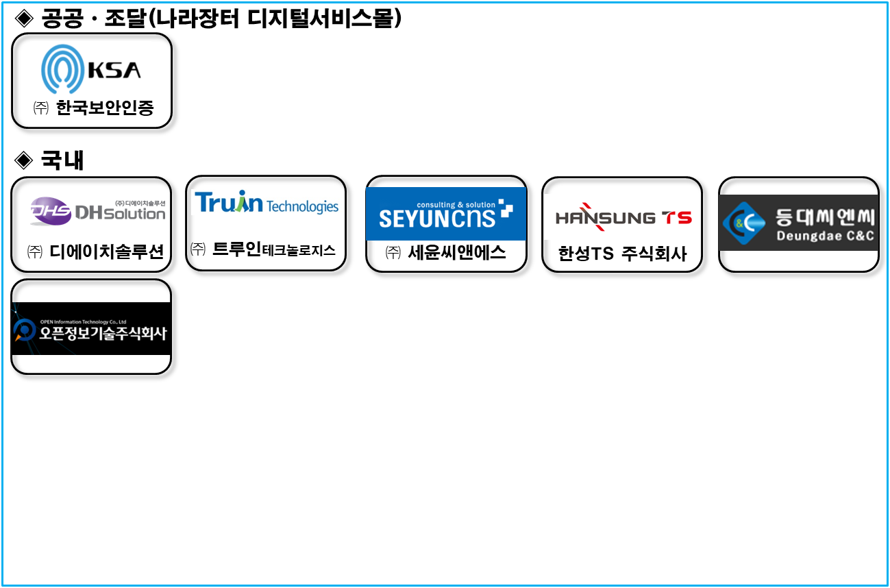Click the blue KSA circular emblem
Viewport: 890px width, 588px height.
(x=62, y=70)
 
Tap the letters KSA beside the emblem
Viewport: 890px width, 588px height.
(x=115, y=70)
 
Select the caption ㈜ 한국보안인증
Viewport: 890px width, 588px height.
(x=93, y=108)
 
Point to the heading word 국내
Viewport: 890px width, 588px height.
(x=62, y=160)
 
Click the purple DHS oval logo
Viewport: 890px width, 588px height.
(x=51, y=212)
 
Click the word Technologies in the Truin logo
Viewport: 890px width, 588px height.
(x=302, y=206)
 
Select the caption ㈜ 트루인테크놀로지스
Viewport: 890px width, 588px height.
(x=264, y=249)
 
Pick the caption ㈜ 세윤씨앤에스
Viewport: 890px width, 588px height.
(x=446, y=252)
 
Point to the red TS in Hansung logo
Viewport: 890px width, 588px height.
(x=677, y=218)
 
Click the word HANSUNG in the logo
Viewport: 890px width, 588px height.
(x=605, y=217)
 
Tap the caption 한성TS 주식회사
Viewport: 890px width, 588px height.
(x=622, y=254)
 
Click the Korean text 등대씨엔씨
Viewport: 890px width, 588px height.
(x=825, y=218)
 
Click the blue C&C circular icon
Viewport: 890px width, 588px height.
(x=743, y=223)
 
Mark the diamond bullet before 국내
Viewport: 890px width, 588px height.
(x=23, y=160)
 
